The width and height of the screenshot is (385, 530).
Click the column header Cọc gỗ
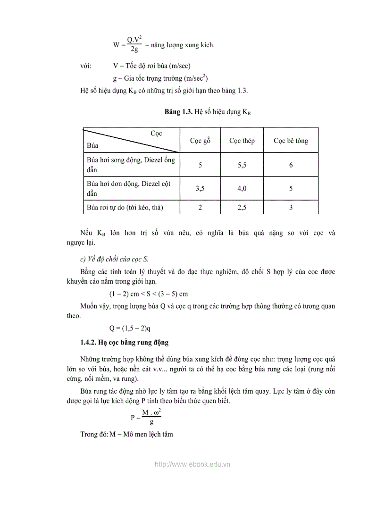[x=200, y=141]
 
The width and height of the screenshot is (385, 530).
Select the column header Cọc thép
[x=242, y=141]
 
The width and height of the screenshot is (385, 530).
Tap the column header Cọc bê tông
[x=291, y=141]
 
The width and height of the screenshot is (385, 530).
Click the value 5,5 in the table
[x=242, y=165]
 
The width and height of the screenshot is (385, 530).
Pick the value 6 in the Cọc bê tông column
[x=291, y=165]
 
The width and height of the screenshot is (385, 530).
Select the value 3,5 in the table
[x=200, y=189]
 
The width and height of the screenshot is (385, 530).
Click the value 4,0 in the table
[x=242, y=189]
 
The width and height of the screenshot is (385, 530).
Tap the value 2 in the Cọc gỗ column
[x=200, y=207]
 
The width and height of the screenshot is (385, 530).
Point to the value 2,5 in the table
[x=242, y=207]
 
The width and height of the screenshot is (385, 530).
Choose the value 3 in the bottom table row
[x=291, y=207]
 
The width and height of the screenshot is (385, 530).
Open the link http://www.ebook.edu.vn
[x=192, y=464]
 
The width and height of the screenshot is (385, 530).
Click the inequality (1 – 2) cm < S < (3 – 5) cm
[x=149, y=293]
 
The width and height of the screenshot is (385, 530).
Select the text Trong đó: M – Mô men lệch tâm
[x=126, y=434]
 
